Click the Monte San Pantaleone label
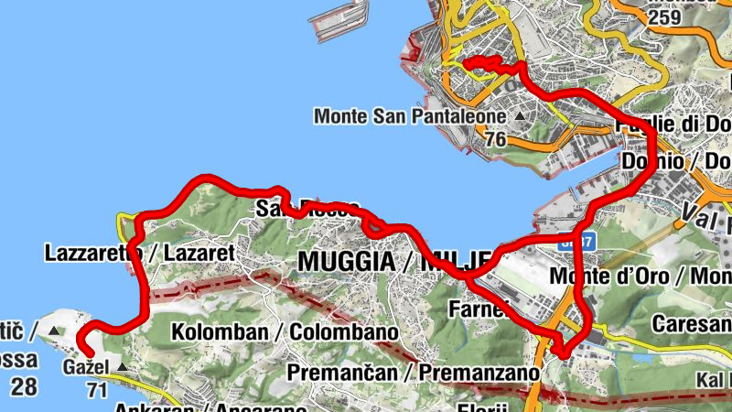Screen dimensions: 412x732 click(x=410, y=116)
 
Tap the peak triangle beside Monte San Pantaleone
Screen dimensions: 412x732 click(x=521, y=116)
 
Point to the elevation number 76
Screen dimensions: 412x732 click(x=496, y=139)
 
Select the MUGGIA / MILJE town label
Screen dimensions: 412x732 click(x=396, y=261)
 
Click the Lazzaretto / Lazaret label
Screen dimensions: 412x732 click(x=140, y=252)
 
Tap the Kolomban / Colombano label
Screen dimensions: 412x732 click(x=285, y=331)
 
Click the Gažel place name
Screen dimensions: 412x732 click(x=86, y=368)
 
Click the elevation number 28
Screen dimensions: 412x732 click(x=25, y=385)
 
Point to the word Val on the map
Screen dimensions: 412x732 click(x=699, y=214)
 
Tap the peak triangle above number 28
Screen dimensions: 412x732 click(x=53, y=330)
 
